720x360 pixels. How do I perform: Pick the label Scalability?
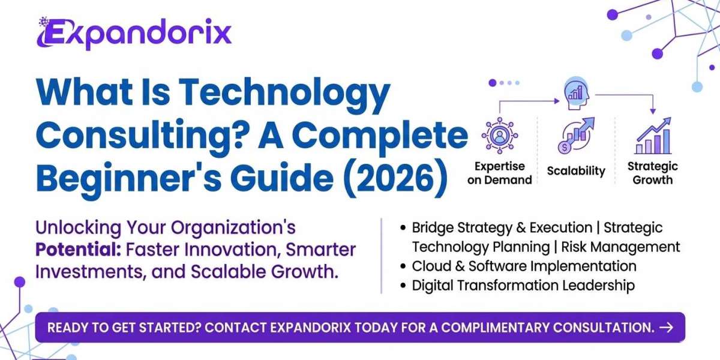pyautogui.click(x=576, y=171)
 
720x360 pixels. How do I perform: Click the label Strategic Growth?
pyautogui.click(x=652, y=173)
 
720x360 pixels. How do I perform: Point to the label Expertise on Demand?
pyautogui.click(x=499, y=173)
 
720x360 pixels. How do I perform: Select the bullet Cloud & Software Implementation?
pyautogui.click(x=524, y=265)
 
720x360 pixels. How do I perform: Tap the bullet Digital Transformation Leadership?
pyautogui.click(x=523, y=285)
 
